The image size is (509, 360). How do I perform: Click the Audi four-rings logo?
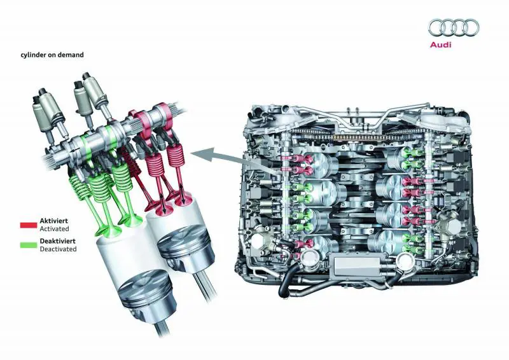tap(454, 27)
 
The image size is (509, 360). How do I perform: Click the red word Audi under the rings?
tap(440, 45)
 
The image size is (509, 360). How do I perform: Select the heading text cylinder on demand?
tap(52, 55)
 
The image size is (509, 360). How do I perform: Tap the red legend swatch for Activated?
tap(29, 225)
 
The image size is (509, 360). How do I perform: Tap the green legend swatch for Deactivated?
tap(29, 245)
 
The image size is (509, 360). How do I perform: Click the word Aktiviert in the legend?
tap(54, 221)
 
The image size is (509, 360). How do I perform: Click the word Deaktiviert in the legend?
tap(57, 241)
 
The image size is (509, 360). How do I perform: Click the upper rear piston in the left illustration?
tap(186, 243)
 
